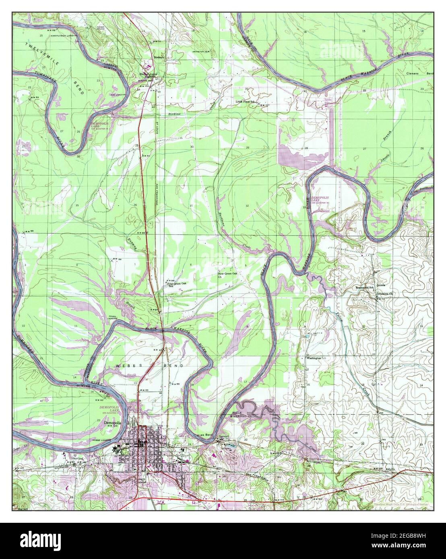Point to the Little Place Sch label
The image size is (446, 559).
(246, 102)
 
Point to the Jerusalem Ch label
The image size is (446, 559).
(384, 293)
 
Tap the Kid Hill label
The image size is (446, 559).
(24, 509)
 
